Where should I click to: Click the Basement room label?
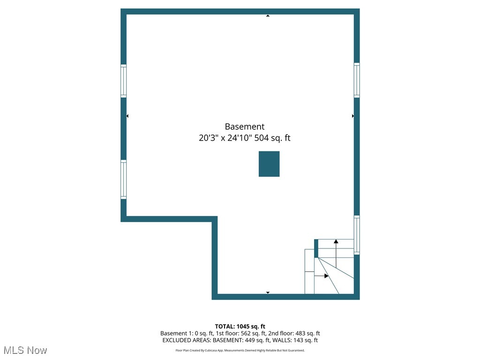point(244,127)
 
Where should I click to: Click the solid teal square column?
point(269,164)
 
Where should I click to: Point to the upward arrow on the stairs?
point(336,242)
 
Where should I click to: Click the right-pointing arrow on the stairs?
point(326,276)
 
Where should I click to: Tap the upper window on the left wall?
point(124,81)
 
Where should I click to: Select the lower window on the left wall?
point(124,180)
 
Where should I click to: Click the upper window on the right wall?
point(357,80)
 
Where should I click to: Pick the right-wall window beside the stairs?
point(357,235)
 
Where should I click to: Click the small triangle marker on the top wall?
point(268,16)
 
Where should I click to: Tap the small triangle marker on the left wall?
point(127,116)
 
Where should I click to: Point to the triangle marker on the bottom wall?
point(268,292)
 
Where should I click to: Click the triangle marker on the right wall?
point(352,116)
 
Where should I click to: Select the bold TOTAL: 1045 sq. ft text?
point(240,326)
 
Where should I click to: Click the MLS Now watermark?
point(25,350)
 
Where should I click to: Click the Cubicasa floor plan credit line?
point(240,350)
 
